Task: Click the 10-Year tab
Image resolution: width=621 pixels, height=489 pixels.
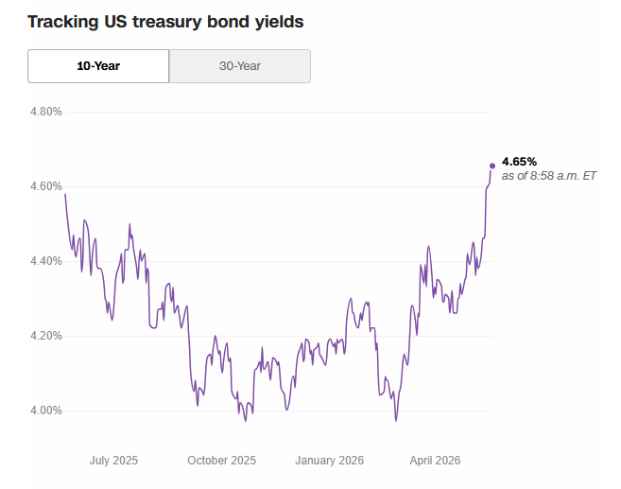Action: (x=98, y=66)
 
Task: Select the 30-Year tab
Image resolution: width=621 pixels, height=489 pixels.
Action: (x=240, y=66)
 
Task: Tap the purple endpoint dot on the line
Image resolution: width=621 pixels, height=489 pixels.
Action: (x=492, y=166)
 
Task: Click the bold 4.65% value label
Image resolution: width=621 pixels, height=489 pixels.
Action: (x=519, y=162)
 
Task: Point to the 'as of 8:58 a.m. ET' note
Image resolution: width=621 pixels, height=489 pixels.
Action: (x=548, y=176)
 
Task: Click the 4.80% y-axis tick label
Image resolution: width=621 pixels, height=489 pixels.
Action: (x=46, y=112)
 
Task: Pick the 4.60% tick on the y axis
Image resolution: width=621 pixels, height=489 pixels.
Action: (x=46, y=186)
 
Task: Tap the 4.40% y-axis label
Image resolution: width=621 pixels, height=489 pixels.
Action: (x=46, y=261)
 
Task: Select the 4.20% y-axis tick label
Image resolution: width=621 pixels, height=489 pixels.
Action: (x=46, y=336)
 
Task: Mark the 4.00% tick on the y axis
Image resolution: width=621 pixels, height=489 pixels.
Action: (x=46, y=410)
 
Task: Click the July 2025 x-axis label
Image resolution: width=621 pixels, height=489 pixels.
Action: (x=113, y=461)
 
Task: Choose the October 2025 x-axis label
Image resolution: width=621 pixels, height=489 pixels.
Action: (x=222, y=461)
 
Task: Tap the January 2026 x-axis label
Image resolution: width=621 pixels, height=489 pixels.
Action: (x=330, y=461)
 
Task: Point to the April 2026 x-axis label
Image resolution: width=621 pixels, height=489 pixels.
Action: (x=435, y=461)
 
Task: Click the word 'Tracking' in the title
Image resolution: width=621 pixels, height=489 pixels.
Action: (x=63, y=22)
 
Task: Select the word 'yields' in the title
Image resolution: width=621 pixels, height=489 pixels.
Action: (x=279, y=22)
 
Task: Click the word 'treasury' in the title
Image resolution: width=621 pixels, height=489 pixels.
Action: (x=166, y=22)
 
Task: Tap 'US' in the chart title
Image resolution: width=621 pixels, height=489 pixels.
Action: (x=115, y=22)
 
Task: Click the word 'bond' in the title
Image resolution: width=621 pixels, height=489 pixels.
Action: (x=228, y=22)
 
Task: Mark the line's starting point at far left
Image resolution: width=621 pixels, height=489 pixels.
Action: (x=65, y=194)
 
